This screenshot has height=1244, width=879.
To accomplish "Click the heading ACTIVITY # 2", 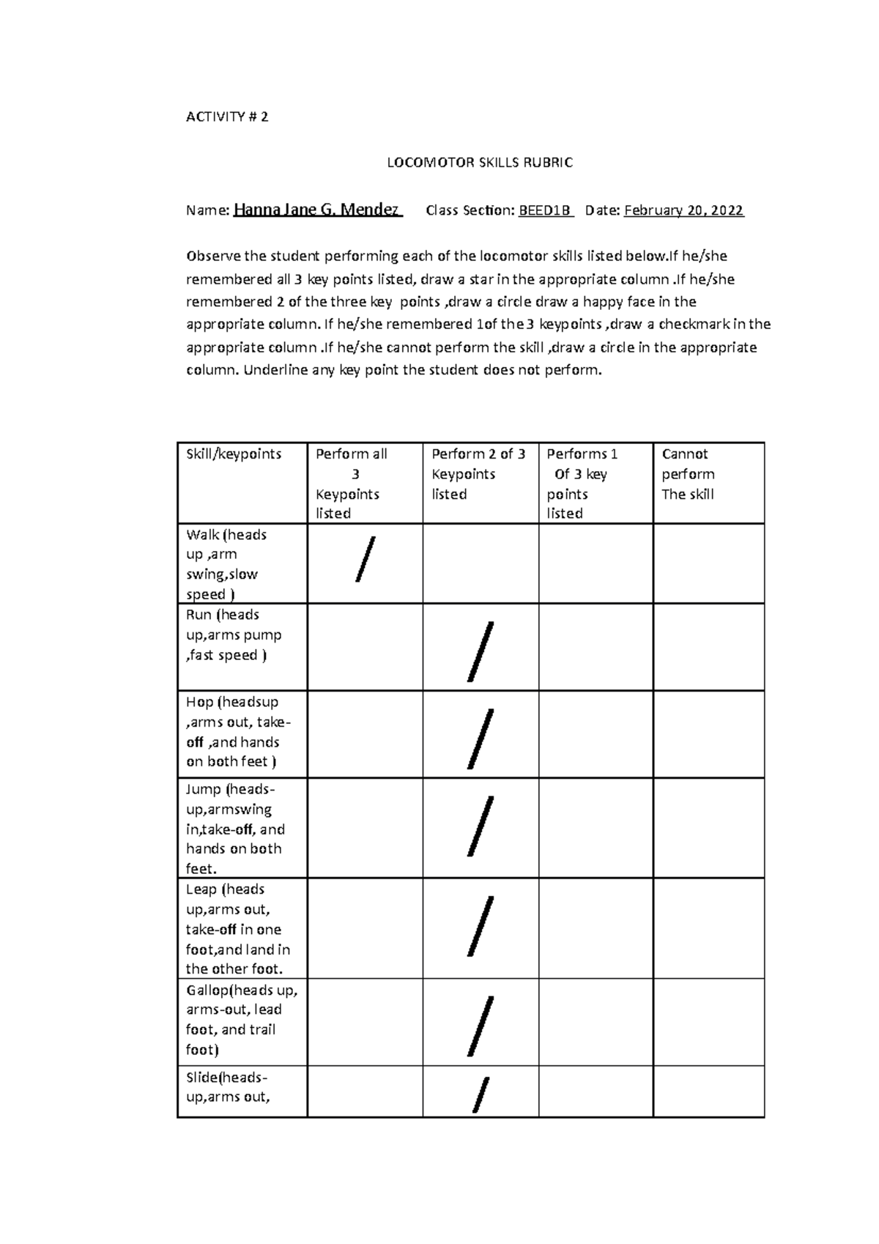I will (227, 116).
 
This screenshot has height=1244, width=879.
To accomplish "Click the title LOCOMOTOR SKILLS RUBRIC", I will (480, 163).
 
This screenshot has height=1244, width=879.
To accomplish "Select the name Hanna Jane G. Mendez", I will (317, 210).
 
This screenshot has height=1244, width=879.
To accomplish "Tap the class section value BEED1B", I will (545, 211).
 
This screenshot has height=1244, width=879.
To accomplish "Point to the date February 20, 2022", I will (683, 211).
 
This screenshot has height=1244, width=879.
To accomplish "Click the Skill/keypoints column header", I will (234, 454).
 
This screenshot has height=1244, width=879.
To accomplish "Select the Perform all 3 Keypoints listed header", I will (352, 483).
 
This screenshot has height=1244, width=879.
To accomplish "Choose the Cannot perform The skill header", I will (688, 474).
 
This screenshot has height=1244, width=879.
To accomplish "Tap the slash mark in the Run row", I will (481, 651).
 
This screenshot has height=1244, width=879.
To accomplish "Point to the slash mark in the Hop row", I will (481, 738).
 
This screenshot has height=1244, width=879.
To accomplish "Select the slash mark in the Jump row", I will (481, 826).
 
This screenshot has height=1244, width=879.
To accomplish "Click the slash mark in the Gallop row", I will (481, 1026).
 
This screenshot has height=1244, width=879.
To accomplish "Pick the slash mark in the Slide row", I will (481, 1095).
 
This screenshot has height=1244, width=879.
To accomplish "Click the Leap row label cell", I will (238, 928).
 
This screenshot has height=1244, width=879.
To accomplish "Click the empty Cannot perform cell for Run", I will (708, 647).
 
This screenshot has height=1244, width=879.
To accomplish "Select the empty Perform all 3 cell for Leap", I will (365, 928).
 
